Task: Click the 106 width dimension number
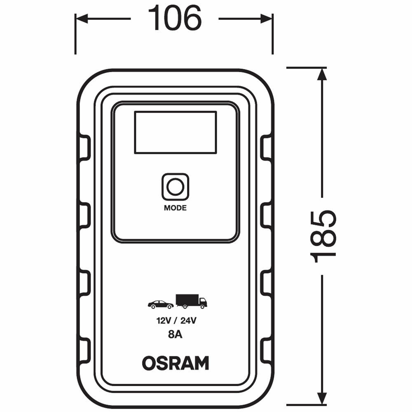tap(175, 19)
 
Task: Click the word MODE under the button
tap(175, 208)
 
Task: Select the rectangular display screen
tap(175, 132)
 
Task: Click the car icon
tap(161, 304)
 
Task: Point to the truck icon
tap(191, 301)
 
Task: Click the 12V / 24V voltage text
tap(175, 321)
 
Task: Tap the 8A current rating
tap(175, 335)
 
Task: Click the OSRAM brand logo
tap(175, 363)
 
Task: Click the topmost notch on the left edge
tap(84, 148)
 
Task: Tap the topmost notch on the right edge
tap(267, 148)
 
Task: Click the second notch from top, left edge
tap(84, 215)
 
